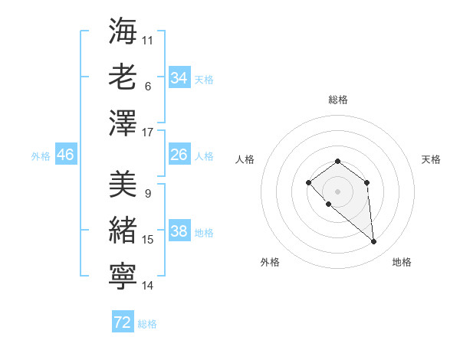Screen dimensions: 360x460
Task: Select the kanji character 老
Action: (x=123, y=77)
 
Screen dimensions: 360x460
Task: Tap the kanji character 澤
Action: (x=123, y=123)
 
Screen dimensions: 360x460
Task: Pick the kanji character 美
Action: (x=123, y=185)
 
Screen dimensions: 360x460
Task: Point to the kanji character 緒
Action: (x=123, y=231)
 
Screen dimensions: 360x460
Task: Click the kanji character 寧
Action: (x=123, y=277)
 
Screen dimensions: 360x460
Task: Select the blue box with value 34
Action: (x=179, y=77)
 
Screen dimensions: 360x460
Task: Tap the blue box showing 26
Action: (x=179, y=155)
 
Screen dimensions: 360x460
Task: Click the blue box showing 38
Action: (x=179, y=231)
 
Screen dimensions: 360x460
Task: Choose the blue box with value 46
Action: (x=65, y=155)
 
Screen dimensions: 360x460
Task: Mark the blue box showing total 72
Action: (x=122, y=322)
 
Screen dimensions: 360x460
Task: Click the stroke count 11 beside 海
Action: (x=148, y=40)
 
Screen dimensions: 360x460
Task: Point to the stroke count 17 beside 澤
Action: (x=148, y=133)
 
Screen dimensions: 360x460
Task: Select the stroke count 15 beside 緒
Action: (x=148, y=240)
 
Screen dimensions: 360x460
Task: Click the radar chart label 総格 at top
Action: (x=337, y=100)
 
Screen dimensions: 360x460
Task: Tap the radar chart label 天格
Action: (x=431, y=159)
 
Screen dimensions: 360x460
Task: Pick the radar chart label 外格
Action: (x=270, y=262)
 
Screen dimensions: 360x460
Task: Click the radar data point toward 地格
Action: (x=374, y=242)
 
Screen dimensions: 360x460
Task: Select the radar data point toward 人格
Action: (x=308, y=182)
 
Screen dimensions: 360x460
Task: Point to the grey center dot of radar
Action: (x=337, y=191)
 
